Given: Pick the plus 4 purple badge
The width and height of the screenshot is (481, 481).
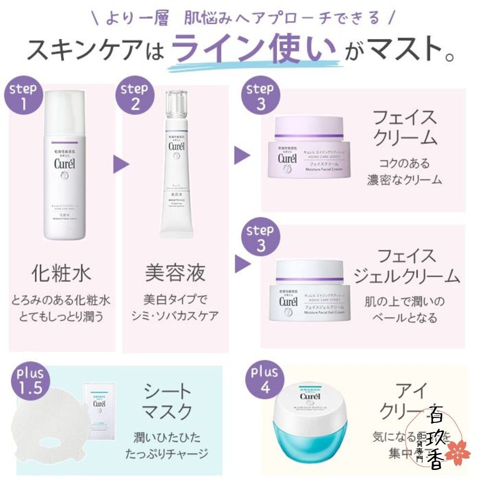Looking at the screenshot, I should click(x=264, y=380).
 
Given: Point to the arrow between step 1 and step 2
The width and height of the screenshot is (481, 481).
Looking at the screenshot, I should click(x=121, y=164).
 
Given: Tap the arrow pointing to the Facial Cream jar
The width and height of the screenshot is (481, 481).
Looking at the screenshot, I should click(x=242, y=155).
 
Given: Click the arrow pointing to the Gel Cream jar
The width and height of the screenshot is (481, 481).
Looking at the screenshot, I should click(x=242, y=264).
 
